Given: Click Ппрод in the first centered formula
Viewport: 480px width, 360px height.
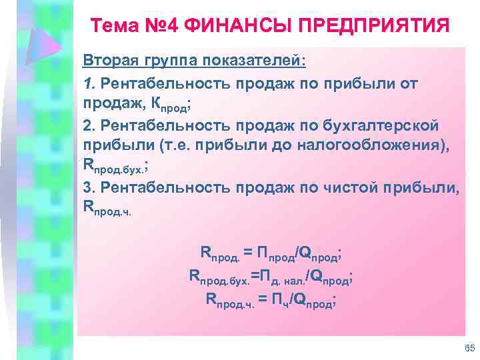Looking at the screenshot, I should [276, 254].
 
